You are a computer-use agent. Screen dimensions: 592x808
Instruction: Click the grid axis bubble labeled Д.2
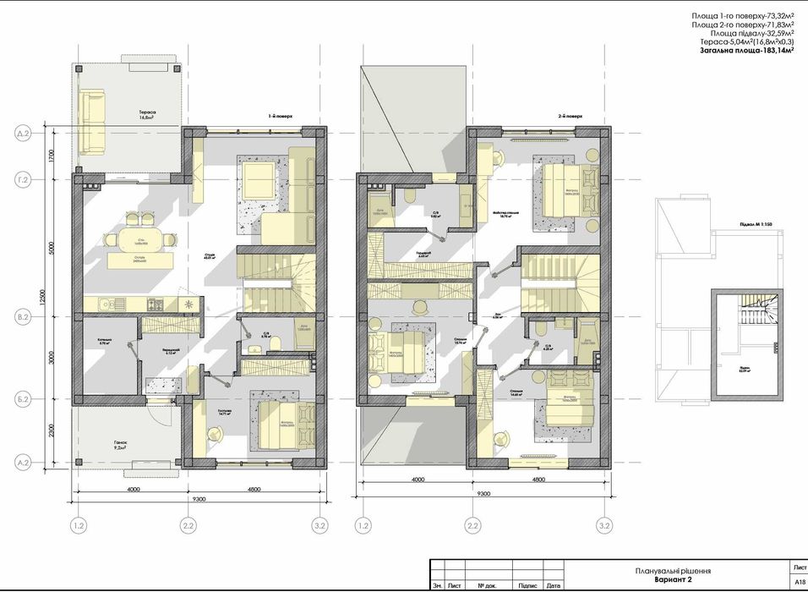23,134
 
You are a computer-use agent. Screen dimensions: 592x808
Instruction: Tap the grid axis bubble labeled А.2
23,463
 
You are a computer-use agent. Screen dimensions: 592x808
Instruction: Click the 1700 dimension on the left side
52,156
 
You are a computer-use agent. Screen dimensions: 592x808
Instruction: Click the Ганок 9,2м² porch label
114,447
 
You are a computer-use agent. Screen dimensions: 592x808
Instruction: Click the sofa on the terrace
90,123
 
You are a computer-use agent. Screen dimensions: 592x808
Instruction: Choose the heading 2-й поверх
571,116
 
